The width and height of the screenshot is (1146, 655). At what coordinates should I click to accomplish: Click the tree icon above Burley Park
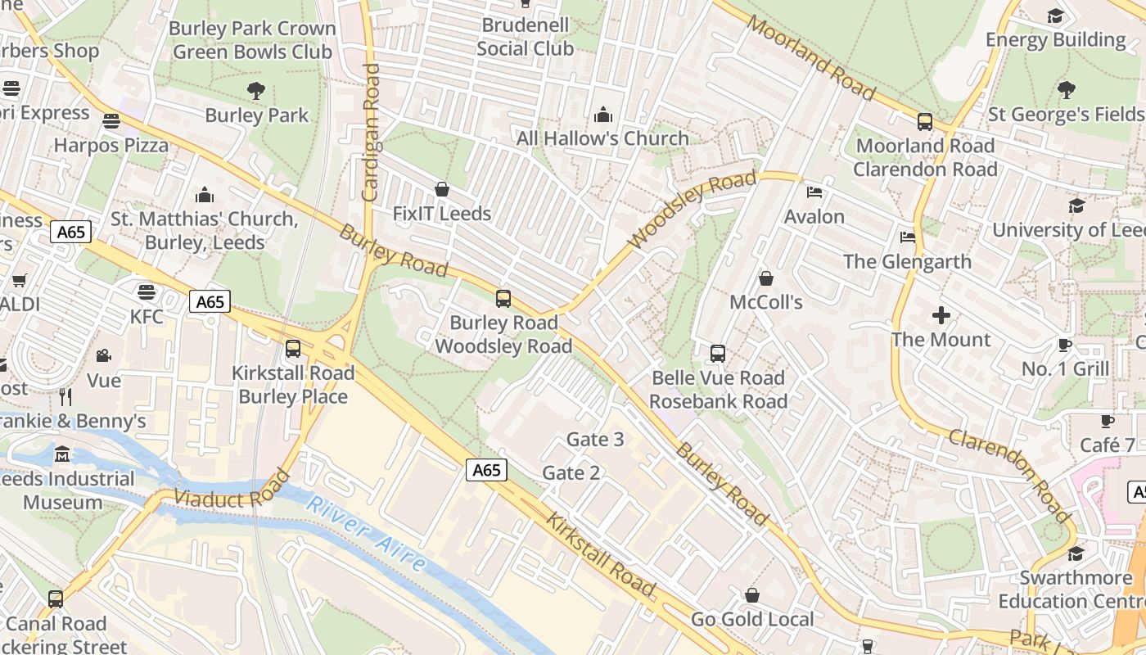pos(256,90)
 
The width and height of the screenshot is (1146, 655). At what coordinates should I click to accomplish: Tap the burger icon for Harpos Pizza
pos(111,121)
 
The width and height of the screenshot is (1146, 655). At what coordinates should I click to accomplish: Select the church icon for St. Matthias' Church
pos(205,195)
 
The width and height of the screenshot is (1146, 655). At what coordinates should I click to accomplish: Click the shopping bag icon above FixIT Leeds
pos(442,189)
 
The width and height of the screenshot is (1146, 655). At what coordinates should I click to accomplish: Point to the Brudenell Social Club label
pos(525,37)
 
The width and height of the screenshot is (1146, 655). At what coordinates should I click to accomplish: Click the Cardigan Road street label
pos(371,133)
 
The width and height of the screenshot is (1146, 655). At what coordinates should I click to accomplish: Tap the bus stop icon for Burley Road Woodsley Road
pos(503,299)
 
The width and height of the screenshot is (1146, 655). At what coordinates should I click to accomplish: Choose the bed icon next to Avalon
pos(814,192)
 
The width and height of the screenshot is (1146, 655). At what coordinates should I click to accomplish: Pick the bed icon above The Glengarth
pos(908,237)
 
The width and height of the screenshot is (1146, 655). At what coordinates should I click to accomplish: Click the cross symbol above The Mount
pos(941,314)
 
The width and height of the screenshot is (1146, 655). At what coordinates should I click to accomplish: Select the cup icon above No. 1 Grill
pos(1065,345)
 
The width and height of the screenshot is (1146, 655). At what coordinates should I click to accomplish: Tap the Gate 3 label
pos(595,440)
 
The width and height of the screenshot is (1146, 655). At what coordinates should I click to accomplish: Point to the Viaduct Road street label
pos(232,490)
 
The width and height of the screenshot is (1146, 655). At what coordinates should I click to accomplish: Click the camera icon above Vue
pos(104,355)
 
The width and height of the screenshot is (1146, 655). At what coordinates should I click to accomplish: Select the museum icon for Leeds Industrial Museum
pos(62,454)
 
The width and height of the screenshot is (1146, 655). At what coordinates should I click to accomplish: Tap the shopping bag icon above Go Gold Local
pos(752,595)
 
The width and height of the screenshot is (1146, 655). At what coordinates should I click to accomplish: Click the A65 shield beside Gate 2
pos(486,470)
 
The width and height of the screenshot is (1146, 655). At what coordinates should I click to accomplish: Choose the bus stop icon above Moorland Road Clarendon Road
pos(925,122)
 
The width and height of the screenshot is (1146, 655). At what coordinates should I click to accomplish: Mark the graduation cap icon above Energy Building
pos(1056,16)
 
